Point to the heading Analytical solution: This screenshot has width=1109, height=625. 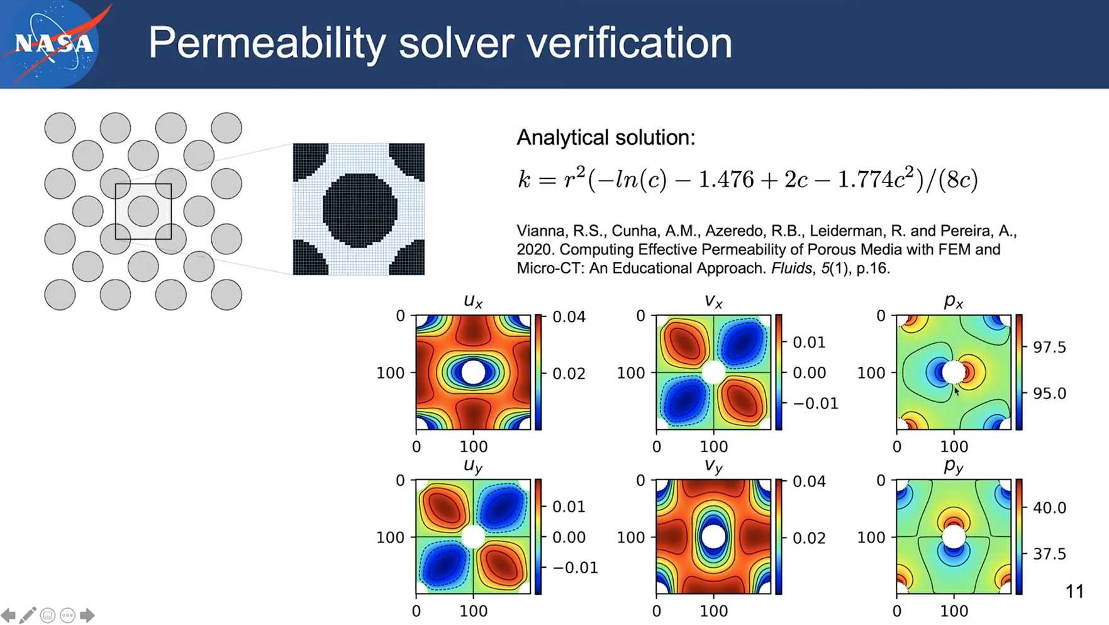click(x=606, y=137)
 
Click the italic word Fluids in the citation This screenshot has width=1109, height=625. click(x=791, y=268)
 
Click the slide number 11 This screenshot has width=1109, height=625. click(x=1074, y=592)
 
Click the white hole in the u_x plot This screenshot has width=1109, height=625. click(x=473, y=372)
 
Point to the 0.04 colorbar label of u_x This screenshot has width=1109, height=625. click(x=569, y=317)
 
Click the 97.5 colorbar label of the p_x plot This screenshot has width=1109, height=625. click(x=1049, y=347)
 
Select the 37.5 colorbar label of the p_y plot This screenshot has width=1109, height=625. click(x=1049, y=554)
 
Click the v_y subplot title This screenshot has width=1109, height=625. click(x=713, y=466)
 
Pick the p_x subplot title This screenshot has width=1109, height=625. click(x=954, y=301)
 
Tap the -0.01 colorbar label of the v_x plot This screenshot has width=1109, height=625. click(x=816, y=403)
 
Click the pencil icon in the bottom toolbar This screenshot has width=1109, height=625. click(x=28, y=615)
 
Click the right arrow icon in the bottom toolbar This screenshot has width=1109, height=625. click(x=87, y=615)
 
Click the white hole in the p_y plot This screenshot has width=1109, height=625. click(x=954, y=537)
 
